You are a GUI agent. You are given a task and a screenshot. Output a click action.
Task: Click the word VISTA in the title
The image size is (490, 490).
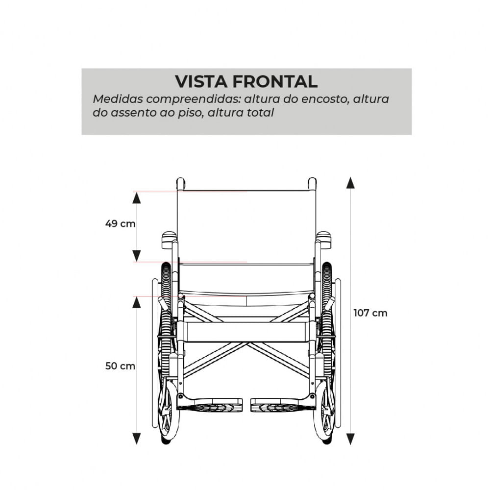pyautogui.click(x=201, y=82)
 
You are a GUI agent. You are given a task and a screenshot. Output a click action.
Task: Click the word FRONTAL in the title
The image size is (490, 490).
pyautogui.click(x=275, y=82)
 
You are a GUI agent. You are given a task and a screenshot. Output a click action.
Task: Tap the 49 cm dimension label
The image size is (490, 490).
pyautogui.click(x=121, y=224)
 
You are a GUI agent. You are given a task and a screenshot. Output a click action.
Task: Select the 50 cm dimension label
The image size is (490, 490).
pyautogui.click(x=121, y=366)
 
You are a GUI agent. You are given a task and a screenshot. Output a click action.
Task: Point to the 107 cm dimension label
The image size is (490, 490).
pyautogui.click(x=370, y=313)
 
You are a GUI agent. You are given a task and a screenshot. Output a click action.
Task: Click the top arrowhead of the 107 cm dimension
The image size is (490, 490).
pyautogui.click(x=351, y=183)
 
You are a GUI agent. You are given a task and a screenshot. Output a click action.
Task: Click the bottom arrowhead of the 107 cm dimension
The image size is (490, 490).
pyautogui.click(x=351, y=439)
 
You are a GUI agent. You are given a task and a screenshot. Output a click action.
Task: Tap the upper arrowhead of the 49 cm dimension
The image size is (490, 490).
pyautogui.click(x=136, y=198)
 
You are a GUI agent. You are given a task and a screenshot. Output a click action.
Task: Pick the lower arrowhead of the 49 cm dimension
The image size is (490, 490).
pyautogui.click(x=136, y=256)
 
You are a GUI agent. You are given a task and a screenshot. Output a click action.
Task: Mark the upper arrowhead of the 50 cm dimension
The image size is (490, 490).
pyautogui.click(x=136, y=302)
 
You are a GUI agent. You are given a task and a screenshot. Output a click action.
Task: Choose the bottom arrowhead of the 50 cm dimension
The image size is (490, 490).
pyautogui.click(x=136, y=439)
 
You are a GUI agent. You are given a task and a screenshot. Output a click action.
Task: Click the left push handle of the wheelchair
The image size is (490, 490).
pyautogui.click(x=181, y=184)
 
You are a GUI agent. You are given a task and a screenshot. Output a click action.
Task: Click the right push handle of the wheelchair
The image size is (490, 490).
pyautogui.click(x=312, y=184)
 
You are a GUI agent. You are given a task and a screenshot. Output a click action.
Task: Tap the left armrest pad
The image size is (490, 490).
pyautogui.click(x=169, y=240)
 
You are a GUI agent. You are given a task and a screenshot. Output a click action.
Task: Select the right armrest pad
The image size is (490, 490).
pyautogui.click(x=323, y=240)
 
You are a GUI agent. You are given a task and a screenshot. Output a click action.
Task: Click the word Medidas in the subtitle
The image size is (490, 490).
pyautogui.click(x=118, y=99)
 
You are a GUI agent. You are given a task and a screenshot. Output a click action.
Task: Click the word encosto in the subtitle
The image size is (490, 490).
pyautogui.click(x=325, y=99)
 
